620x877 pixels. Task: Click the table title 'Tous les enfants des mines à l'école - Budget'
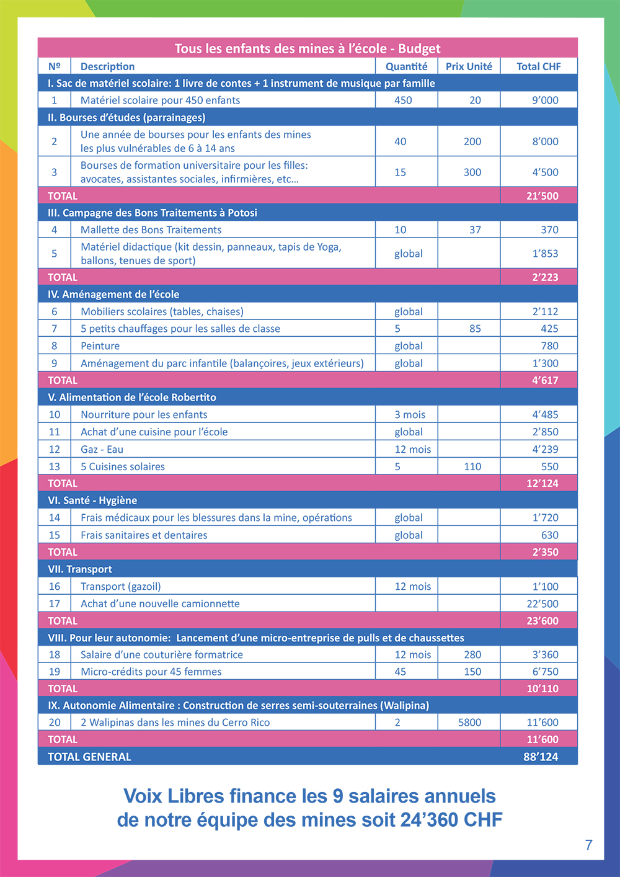[308, 48]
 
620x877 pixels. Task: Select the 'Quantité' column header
[406, 66]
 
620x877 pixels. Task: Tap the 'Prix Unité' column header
[469, 66]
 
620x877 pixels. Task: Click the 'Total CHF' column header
[538, 66]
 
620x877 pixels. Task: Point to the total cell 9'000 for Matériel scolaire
[545, 100]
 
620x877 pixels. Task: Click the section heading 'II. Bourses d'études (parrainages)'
[126, 117]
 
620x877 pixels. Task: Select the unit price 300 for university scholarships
[472, 172]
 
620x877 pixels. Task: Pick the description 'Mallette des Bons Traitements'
[151, 229]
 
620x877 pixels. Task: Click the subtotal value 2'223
[545, 277]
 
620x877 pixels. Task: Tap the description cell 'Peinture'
[100, 346]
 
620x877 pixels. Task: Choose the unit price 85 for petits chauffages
[475, 329]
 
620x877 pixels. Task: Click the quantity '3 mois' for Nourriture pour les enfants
[410, 414]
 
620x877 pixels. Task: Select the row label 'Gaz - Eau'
[102, 449]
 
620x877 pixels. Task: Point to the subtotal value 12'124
[542, 483]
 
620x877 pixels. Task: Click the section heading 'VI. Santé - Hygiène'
[92, 501]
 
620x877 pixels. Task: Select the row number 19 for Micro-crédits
[55, 672]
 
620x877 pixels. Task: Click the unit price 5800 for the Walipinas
[469, 723]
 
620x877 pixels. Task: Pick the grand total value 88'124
[541, 757]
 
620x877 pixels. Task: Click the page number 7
[588, 845]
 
